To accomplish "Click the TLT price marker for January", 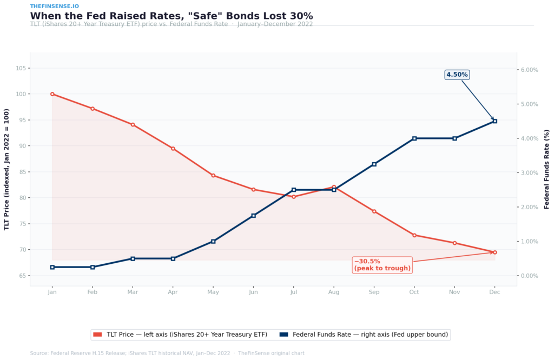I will coord(52,94).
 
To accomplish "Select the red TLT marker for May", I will coord(213,175).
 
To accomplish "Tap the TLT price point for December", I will coord(494,252).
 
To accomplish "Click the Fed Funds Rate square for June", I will coord(253,216).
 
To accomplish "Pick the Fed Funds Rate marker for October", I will coord(414,138).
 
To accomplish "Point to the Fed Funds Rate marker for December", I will coord(494,121).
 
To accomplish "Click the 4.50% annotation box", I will coord(457,75).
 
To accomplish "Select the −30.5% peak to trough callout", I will coord(382,265).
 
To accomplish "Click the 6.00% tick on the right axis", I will coord(529,70).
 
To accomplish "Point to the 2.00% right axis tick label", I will coord(529,207).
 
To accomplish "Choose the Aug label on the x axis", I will coord(334,292).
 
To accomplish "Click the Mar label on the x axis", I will coord(133,292).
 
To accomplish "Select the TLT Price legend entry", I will coord(181,335).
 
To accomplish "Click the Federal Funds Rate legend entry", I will coord(365,335).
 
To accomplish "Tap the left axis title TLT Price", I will coord(7,169).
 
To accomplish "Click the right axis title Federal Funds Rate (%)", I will coord(546,169).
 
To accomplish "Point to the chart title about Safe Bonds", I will coord(171,16).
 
